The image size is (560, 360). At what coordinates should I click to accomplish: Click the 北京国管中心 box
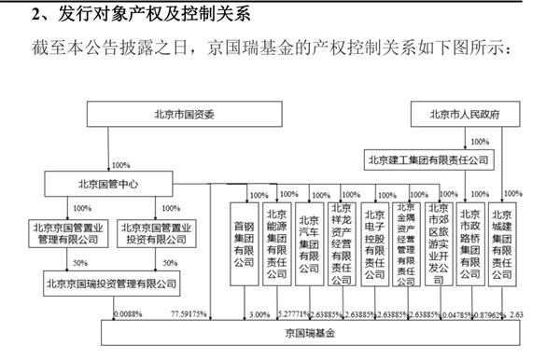point(106,184)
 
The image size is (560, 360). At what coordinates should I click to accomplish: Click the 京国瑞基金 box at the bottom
point(308,332)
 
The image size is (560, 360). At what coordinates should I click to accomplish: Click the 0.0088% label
point(127,314)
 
